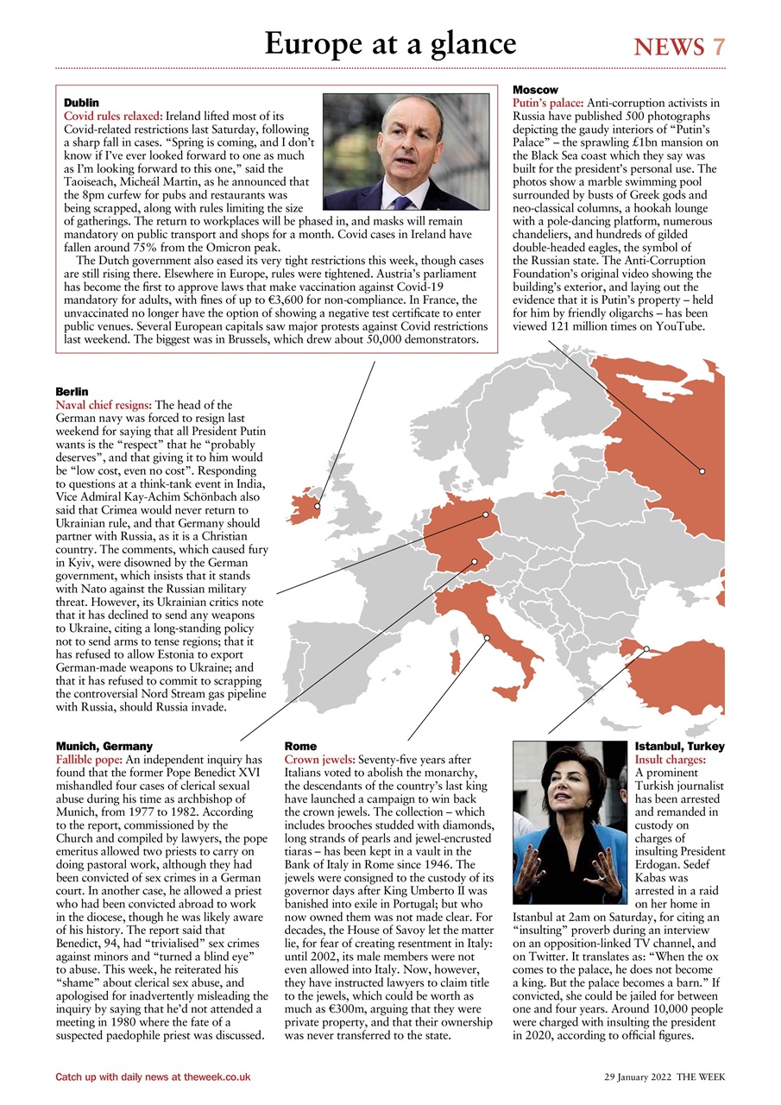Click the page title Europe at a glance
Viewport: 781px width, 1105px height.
coord(390,43)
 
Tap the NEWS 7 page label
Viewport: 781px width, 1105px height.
coord(679,47)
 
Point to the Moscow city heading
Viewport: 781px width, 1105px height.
coord(535,90)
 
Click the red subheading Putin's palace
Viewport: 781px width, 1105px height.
coord(548,103)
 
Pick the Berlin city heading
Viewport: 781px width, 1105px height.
coord(72,392)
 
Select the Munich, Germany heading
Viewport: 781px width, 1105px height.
coord(104,746)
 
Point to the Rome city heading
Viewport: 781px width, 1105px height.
coord(300,746)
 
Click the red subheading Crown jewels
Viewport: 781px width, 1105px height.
coord(318,759)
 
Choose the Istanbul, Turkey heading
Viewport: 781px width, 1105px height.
coord(679,746)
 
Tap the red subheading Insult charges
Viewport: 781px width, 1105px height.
coord(670,760)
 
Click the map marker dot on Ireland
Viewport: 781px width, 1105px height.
coord(318,506)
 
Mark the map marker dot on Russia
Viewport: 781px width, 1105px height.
coord(702,471)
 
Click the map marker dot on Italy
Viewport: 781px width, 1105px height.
coord(487,638)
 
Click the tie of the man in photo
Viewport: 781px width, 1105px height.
coord(400,204)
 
